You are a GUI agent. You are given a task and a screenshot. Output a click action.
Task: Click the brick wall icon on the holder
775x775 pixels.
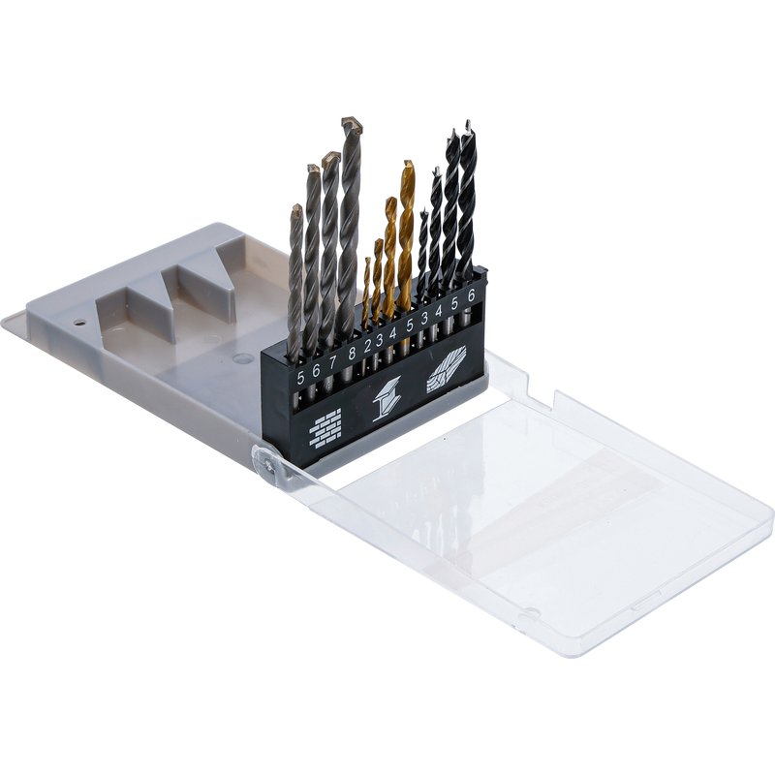click(x=325, y=427)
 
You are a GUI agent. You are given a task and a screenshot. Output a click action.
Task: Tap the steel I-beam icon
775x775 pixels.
click(x=387, y=399)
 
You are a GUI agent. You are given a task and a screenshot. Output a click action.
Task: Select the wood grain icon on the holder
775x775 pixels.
click(x=447, y=369)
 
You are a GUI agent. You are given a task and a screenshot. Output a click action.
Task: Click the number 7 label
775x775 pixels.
click(x=332, y=361)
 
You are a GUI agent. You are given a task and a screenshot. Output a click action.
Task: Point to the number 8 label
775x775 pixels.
click(x=352, y=353)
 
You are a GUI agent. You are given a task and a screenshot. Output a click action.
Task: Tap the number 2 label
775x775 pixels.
click(x=367, y=346)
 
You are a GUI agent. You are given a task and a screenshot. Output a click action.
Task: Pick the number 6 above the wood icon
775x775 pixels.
click(x=471, y=294)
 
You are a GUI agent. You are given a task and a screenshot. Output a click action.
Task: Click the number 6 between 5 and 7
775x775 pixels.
click(x=317, y=370)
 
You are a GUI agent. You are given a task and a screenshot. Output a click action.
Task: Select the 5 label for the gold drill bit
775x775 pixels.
click(x=409, y=325)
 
